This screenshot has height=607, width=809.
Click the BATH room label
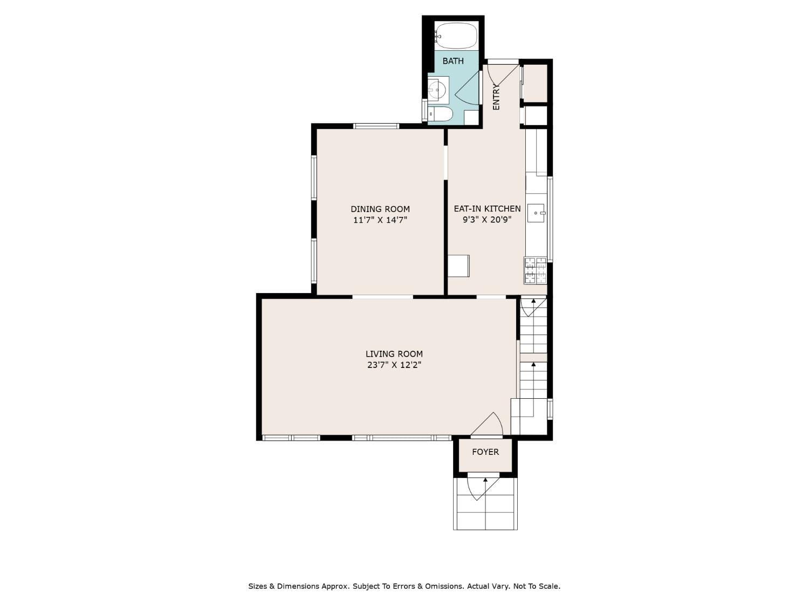click(x=453, y=61)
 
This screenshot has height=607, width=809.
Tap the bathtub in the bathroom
click(x=456, y=36)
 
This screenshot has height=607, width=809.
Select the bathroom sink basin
click(x=437, y=89)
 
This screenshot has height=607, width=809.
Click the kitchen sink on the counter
click(x=536, y=213)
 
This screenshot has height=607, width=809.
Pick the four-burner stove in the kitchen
click(x=535, y=270)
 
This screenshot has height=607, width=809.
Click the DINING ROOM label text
click(x=380, y=209)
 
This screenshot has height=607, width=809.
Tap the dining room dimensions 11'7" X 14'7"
click(x=380, y=220)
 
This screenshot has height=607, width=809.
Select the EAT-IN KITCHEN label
click(x=487, y=209)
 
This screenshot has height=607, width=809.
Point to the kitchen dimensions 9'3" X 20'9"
click(x=487, y=220)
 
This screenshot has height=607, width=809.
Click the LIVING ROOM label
click(x=394, y=354)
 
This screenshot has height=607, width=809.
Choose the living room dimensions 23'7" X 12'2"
click(x=394, y=365)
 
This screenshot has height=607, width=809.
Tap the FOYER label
click(x=485, y=452)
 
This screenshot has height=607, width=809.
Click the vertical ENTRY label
click(x=496, y=97)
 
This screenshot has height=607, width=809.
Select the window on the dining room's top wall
click(x=376, y=126)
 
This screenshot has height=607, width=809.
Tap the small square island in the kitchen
click(x=458, y=265)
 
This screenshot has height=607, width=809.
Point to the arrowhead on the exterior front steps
click(x=485, y=480)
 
